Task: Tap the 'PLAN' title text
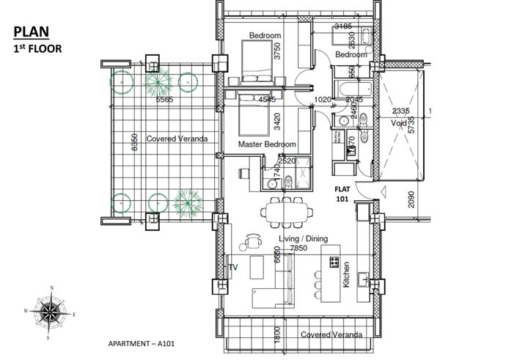click(30, 32)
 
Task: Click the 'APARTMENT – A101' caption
click(140, 342)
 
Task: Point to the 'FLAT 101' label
click(342, 192)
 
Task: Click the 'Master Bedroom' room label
click(267, 145)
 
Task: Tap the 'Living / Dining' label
click(301, 239)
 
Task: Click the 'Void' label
click(398, 124)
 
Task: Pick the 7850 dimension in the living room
click(298, 249)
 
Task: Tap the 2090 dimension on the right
click(411, 199)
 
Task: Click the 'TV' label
click(234, 267)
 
